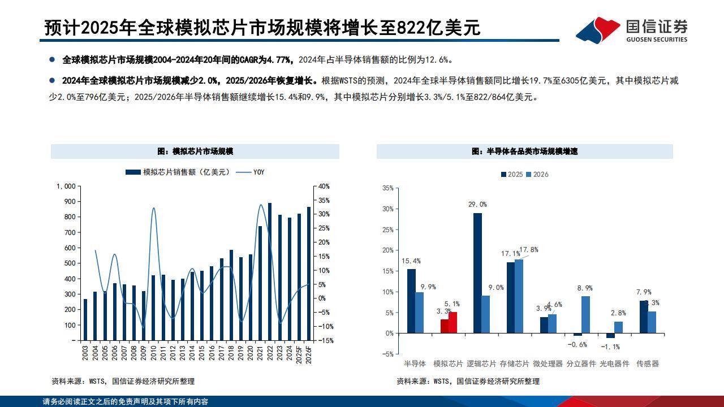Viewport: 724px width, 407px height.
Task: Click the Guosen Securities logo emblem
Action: (x=598, y=29)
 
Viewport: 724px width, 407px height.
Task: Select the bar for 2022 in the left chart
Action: (x=269, y=271)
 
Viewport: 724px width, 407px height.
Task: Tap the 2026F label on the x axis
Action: (x=308, y=354)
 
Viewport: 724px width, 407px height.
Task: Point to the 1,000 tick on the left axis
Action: (x=66, y=186)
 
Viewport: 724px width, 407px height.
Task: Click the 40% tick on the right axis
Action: (x=324, y=186)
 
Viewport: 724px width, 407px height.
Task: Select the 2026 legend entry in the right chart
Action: (x=537, y=174)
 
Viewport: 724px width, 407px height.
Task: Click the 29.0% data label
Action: (x=477, y=204)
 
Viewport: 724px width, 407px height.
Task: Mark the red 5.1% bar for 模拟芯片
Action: (x=453, y=323)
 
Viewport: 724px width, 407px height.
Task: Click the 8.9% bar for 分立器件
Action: (x=585, y=315)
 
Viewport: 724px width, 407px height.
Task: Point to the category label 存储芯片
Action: (x=515, y=363)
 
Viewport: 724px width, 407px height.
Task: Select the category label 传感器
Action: (x=648, y=363)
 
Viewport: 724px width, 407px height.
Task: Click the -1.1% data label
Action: (x=610, y=347)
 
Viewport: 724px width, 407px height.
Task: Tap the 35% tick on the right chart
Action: (x=387, y=188)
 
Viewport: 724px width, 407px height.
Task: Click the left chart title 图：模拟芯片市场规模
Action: (x=195, y=151)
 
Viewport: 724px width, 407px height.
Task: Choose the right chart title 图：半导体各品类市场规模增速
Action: (x=525, y=151)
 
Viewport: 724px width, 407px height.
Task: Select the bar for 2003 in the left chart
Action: (x=85, y=320)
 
